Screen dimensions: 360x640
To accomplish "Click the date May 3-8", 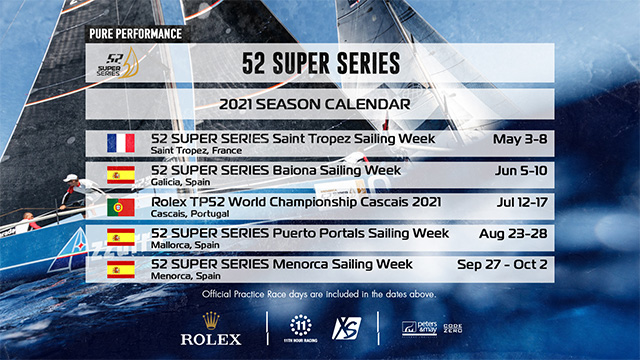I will click(x=514, y=138).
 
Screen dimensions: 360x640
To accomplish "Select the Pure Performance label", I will click(x=134, y=33).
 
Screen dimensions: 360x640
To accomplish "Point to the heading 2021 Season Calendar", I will click(x=320, y=104).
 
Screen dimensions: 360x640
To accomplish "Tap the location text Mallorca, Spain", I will click(x=187, y=245).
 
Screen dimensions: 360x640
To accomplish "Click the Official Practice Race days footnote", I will click(x=320, y=294).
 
